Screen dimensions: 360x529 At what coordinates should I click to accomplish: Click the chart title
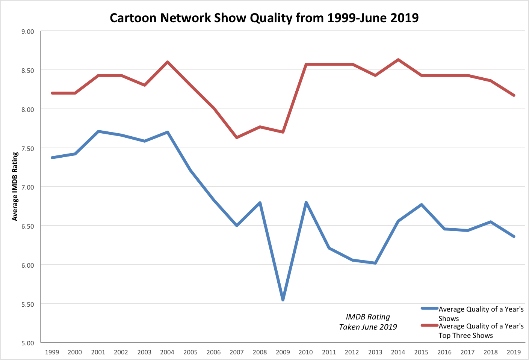(264, 18)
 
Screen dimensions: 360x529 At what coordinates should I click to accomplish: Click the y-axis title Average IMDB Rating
(15, 187)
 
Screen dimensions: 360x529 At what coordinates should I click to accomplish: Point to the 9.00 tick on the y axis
(28, 32)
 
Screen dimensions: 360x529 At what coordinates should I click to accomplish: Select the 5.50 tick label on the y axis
(28, 304)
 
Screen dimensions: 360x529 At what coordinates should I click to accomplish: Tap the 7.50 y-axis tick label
(28, 148)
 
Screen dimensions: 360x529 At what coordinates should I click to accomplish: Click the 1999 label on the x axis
(52, 352)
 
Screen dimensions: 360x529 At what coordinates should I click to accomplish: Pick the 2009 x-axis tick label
(283, 352)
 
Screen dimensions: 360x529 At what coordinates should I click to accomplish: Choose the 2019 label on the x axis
(514, 352)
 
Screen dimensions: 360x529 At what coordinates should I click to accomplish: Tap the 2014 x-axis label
(398, 352)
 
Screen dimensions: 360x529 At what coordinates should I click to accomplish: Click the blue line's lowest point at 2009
(283, 300)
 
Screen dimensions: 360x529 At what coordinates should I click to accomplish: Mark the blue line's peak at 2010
(306, 202)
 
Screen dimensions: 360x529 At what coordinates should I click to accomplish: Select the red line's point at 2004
(168, 62)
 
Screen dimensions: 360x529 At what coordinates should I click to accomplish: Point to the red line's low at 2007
(237, 138)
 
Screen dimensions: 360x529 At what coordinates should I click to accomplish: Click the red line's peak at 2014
(398, 60)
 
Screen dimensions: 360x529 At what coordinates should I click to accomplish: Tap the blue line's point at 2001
(98, 131)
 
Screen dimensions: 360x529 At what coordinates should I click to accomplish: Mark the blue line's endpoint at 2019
(514, 236)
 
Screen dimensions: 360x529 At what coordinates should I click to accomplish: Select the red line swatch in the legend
(429, 325)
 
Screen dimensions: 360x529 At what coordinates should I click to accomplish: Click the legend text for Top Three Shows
(481, 331)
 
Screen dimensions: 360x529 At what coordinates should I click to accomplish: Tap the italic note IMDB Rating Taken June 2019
(368, 322)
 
